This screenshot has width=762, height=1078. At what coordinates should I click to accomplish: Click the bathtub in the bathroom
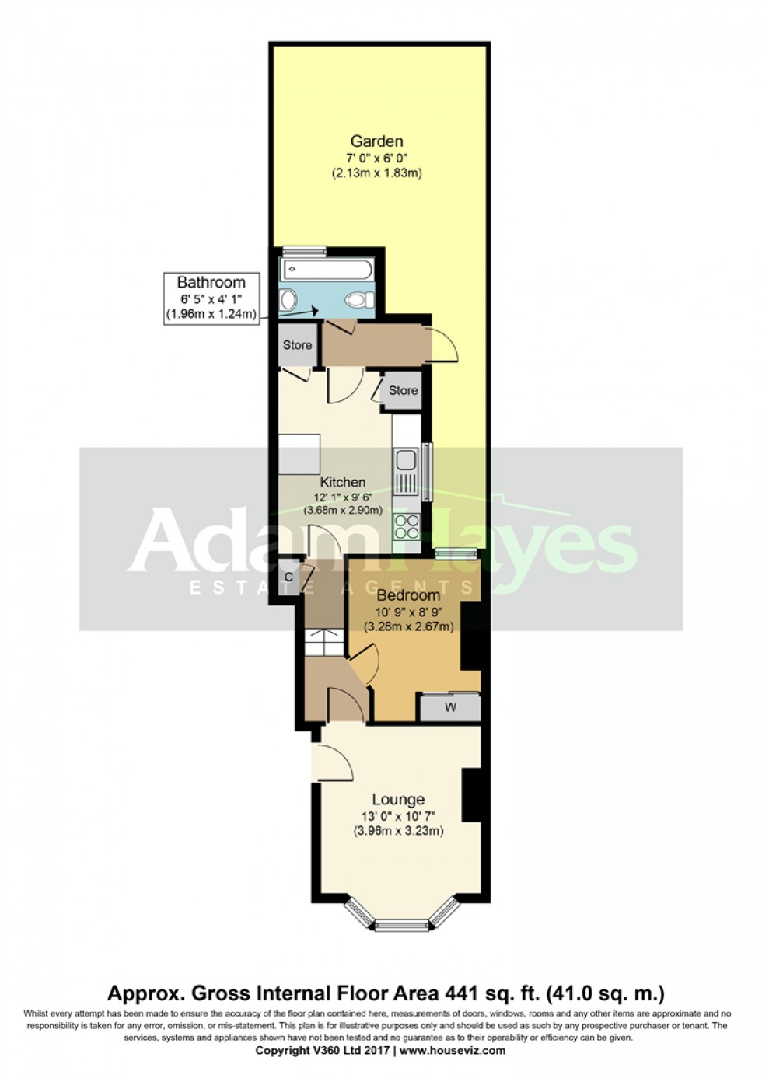pyautogui.click(x=327, y=270)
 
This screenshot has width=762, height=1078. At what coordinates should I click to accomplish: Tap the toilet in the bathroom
pyautogui.click(x=358, y=299)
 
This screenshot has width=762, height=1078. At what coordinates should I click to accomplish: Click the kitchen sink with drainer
pyautogui.click(x=406, y=472)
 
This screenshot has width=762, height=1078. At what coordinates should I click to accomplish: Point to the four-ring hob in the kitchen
pyautogui.click(x=406, y=527)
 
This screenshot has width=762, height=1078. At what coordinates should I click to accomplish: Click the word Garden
pyautogui.click(x=376, y=141)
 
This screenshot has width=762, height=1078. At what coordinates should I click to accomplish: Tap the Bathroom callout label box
pyautogui.click(x=211, y=298)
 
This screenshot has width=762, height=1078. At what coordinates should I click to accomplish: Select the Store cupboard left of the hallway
pyautogui.click(x=297, y=345)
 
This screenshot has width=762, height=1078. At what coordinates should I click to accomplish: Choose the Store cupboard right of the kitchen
pyautogui.click(x=403, y=391)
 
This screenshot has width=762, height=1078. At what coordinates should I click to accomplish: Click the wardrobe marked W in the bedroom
pyautogui.click(x=450, y=707)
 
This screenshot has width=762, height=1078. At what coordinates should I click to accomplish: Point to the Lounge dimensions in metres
pyautogui.click(x=398, y=831)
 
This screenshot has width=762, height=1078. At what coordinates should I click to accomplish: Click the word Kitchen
pyautogui.click(x=343, y=483)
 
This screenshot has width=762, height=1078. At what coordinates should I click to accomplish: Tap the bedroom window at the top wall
pyautogui.click(x=456, y=553)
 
